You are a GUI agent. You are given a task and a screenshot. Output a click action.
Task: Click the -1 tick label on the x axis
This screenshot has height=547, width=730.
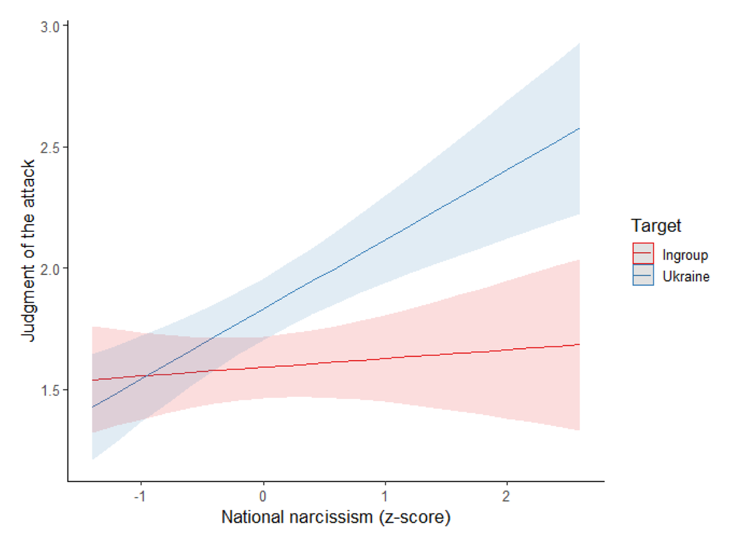click(139, 495)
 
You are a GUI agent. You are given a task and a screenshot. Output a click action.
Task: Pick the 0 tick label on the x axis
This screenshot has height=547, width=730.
click(263, 495)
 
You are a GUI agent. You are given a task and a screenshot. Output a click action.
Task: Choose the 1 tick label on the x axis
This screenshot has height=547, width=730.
click(384, 495)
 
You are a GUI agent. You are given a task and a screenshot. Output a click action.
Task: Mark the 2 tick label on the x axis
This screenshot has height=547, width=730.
click(506, 495)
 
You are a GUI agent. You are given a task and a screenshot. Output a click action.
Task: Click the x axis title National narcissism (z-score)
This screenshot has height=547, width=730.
click(335, 518)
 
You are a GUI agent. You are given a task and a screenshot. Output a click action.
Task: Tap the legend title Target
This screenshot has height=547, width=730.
click(656, 226)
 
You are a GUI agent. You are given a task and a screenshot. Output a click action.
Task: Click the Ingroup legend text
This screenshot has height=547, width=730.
click(684, 255)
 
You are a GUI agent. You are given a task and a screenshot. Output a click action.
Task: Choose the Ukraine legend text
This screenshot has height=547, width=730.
click(686, 276)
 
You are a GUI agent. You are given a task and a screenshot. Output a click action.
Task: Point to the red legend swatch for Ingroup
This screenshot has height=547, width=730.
click(643, 254)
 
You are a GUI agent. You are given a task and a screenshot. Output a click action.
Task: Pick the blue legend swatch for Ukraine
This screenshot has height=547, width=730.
click(643, 276)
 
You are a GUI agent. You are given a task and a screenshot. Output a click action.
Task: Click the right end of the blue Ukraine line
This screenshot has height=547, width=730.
click(579, 128)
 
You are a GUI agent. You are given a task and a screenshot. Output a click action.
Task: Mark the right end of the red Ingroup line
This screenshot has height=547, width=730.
click(579, 344)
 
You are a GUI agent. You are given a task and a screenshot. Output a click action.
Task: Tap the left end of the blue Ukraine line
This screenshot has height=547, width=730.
click(92, 407)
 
